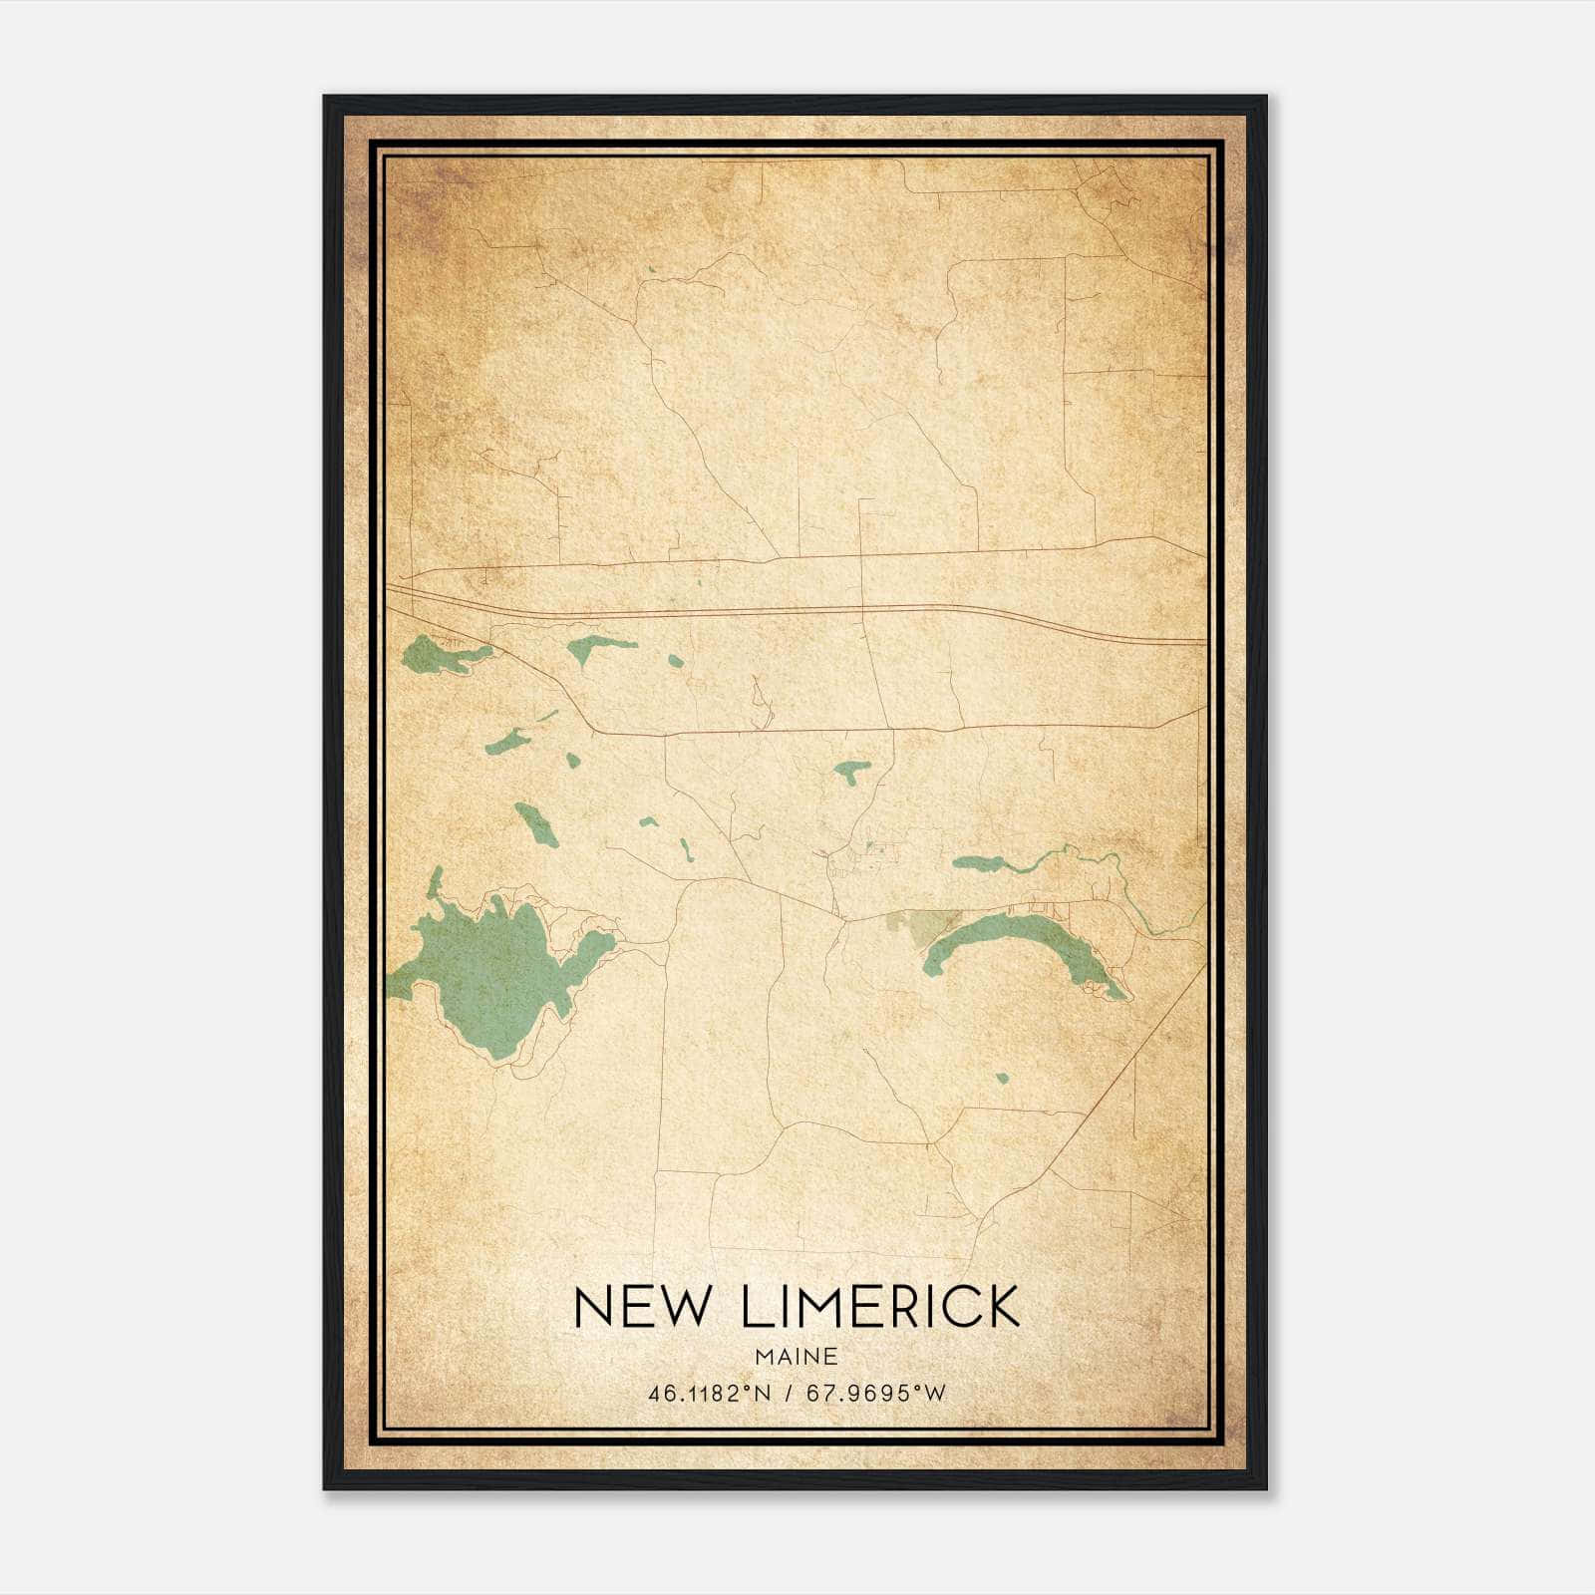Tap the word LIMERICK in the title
[881, 1307]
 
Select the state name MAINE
[797, 1356]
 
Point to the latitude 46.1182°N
[710, 1394]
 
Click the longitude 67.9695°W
[875, 1394]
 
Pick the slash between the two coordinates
[789, 1394]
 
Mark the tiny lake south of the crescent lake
[1002, 1078]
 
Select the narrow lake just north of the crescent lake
[982, 863]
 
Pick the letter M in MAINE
[765, 1356]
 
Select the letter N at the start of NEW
[594, 1307]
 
